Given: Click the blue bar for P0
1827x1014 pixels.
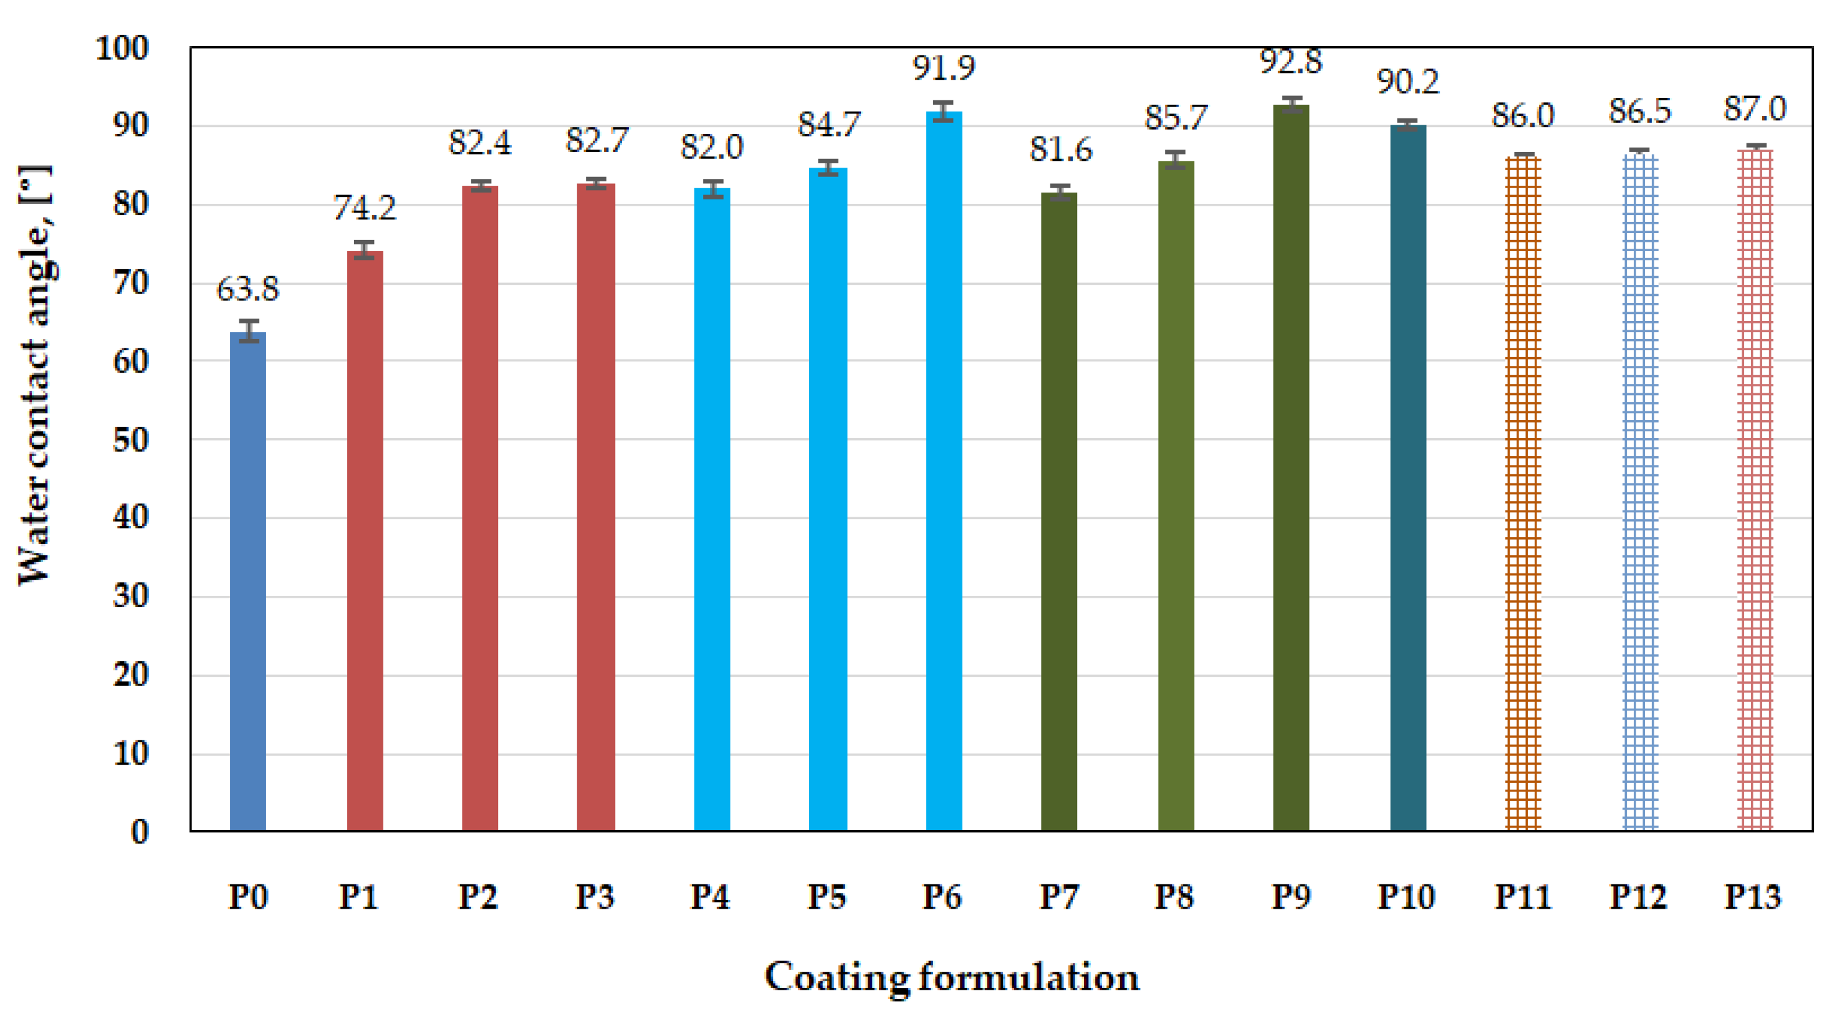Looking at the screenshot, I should coord(247,581).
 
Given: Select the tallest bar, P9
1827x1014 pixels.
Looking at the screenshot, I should coord(1291,468).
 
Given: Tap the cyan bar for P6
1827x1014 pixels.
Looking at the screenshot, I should coord(944,472).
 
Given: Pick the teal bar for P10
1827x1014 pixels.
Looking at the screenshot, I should coord(1408,479).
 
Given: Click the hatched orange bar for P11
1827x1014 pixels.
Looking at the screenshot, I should coord(1523,493).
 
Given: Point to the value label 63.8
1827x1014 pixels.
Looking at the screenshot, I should coord(247,289).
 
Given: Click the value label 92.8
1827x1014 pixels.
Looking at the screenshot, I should coord(1291,62).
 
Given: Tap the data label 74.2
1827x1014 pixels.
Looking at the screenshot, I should coord(365,208).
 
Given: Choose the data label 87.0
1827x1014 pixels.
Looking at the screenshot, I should coord(1755,109).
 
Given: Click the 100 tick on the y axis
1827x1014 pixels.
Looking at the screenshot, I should coord(122,48).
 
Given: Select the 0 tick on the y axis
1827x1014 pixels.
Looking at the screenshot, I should coord(140,832).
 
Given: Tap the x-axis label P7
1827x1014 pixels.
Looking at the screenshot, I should coord(1059,897).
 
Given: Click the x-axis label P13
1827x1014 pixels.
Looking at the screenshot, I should coord(1753,897).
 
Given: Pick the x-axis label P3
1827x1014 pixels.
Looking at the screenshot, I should coord(594,897).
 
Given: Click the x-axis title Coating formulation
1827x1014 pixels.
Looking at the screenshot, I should coord(952,977).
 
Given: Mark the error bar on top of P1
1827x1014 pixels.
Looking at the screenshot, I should coord(365,251).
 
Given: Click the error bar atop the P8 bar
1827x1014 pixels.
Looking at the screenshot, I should coord(1176,160).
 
